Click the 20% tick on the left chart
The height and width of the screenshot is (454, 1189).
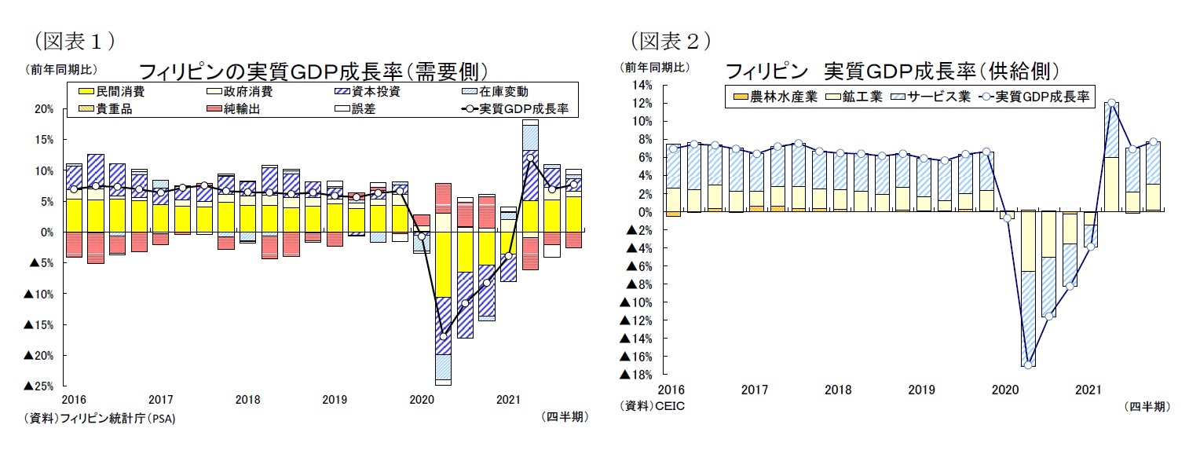(43, 109)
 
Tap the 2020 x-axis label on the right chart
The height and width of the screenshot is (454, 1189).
(1005, 389)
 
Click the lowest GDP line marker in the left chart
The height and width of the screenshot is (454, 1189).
(444, 336)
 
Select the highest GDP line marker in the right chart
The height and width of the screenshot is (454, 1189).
(1111, 103)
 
